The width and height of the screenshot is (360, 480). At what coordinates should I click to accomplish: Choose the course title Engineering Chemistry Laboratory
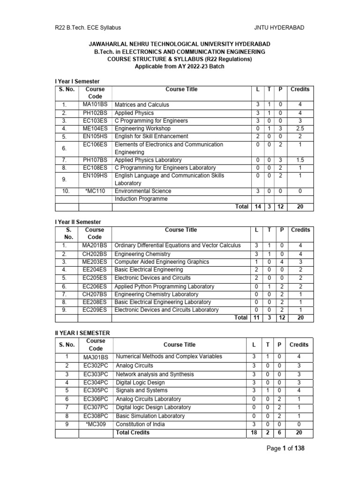point(157,294)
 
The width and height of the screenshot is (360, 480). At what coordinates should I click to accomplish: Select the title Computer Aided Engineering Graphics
point(162,262)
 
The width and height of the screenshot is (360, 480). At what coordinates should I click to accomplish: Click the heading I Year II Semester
point(78,222)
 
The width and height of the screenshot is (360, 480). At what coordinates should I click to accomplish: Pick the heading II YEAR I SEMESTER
point(82,332)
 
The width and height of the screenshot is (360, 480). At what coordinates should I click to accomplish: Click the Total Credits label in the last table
point(133,432)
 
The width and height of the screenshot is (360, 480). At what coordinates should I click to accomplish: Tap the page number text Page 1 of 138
point(285,449)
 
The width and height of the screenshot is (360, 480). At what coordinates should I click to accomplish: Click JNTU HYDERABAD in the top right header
point(279,28)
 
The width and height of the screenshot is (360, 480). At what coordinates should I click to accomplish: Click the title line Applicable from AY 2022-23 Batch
point(180,67)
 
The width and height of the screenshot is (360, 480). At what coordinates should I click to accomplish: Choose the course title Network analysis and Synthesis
point(155,375)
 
